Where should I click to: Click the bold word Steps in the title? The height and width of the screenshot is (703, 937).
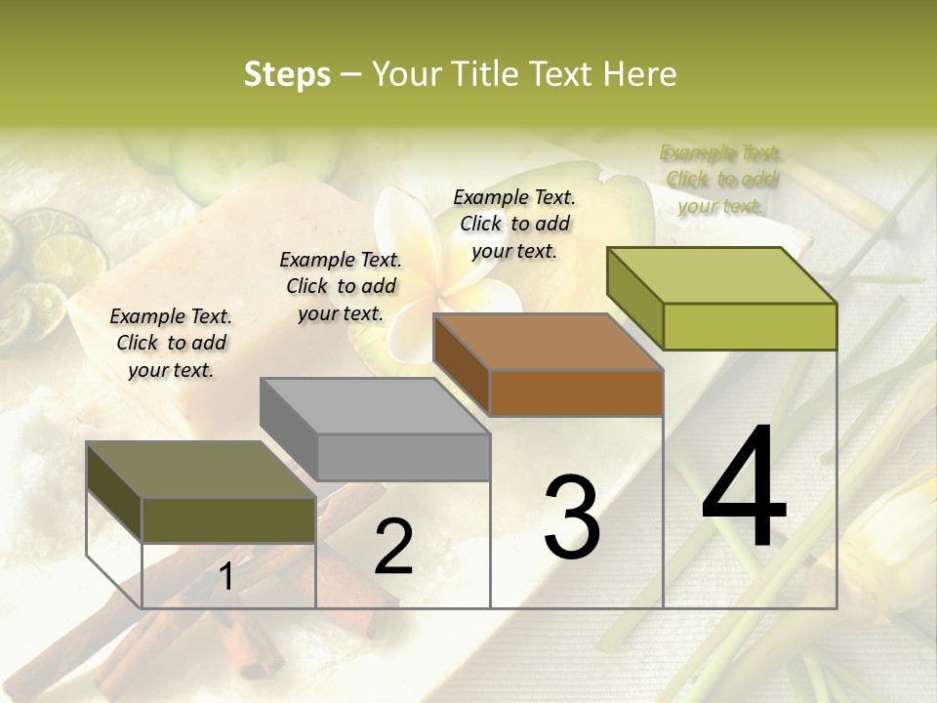(x=287, y=74)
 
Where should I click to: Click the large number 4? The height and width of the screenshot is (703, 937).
(x=744, y=489)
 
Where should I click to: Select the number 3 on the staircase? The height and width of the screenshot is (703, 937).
(x=571, y=517)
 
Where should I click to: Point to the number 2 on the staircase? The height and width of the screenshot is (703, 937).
(x=393, y=547)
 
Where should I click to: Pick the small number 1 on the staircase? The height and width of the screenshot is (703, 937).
(x=225, y=577)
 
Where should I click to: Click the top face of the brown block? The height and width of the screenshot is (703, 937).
(x=547, y=342)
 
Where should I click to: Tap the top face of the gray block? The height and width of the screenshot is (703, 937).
(x=374, y=405)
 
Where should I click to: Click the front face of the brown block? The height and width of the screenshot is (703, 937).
(x=576, y=393)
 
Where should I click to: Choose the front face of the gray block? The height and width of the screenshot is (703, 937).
(x=403, y=458)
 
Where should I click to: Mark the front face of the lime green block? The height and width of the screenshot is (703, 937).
(x=750, y=326)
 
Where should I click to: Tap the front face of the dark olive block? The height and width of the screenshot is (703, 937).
(x=228, y=519)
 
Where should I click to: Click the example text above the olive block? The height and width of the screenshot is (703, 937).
(x=171, y=344)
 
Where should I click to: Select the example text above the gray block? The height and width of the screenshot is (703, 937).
(x=341, y=287)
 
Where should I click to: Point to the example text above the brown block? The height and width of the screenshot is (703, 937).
(x=514, y=224)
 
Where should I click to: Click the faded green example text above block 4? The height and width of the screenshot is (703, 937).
(x=721, y=180)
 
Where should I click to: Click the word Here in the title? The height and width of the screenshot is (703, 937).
(x=640, y=74)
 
